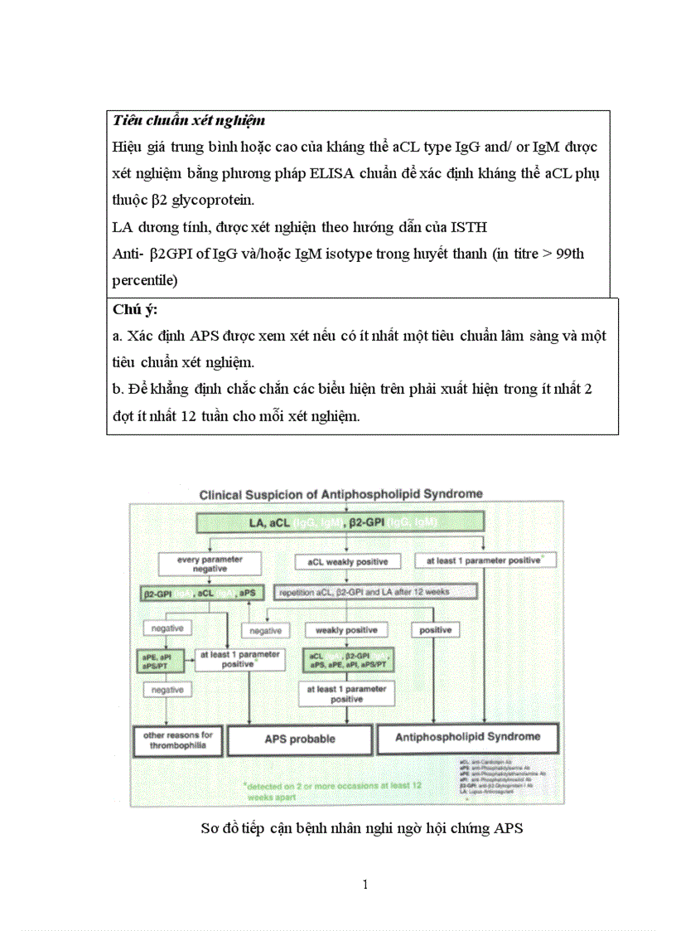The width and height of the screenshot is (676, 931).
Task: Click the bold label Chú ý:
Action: pos(135,309)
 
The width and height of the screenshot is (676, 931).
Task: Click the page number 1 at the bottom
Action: pos(365,884)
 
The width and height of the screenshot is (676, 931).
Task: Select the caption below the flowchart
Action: pos(362,827)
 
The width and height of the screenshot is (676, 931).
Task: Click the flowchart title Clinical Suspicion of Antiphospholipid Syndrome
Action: pos(340,494)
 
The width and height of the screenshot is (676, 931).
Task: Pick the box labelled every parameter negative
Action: pos(210,564)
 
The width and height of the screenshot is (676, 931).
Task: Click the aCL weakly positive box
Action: pos(347,561)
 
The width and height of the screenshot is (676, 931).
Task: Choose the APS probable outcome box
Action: pos(300,739)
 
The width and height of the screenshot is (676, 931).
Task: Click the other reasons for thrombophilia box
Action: pos(178,739)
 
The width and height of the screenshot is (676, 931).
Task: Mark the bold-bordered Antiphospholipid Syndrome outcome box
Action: pos(467,737)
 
